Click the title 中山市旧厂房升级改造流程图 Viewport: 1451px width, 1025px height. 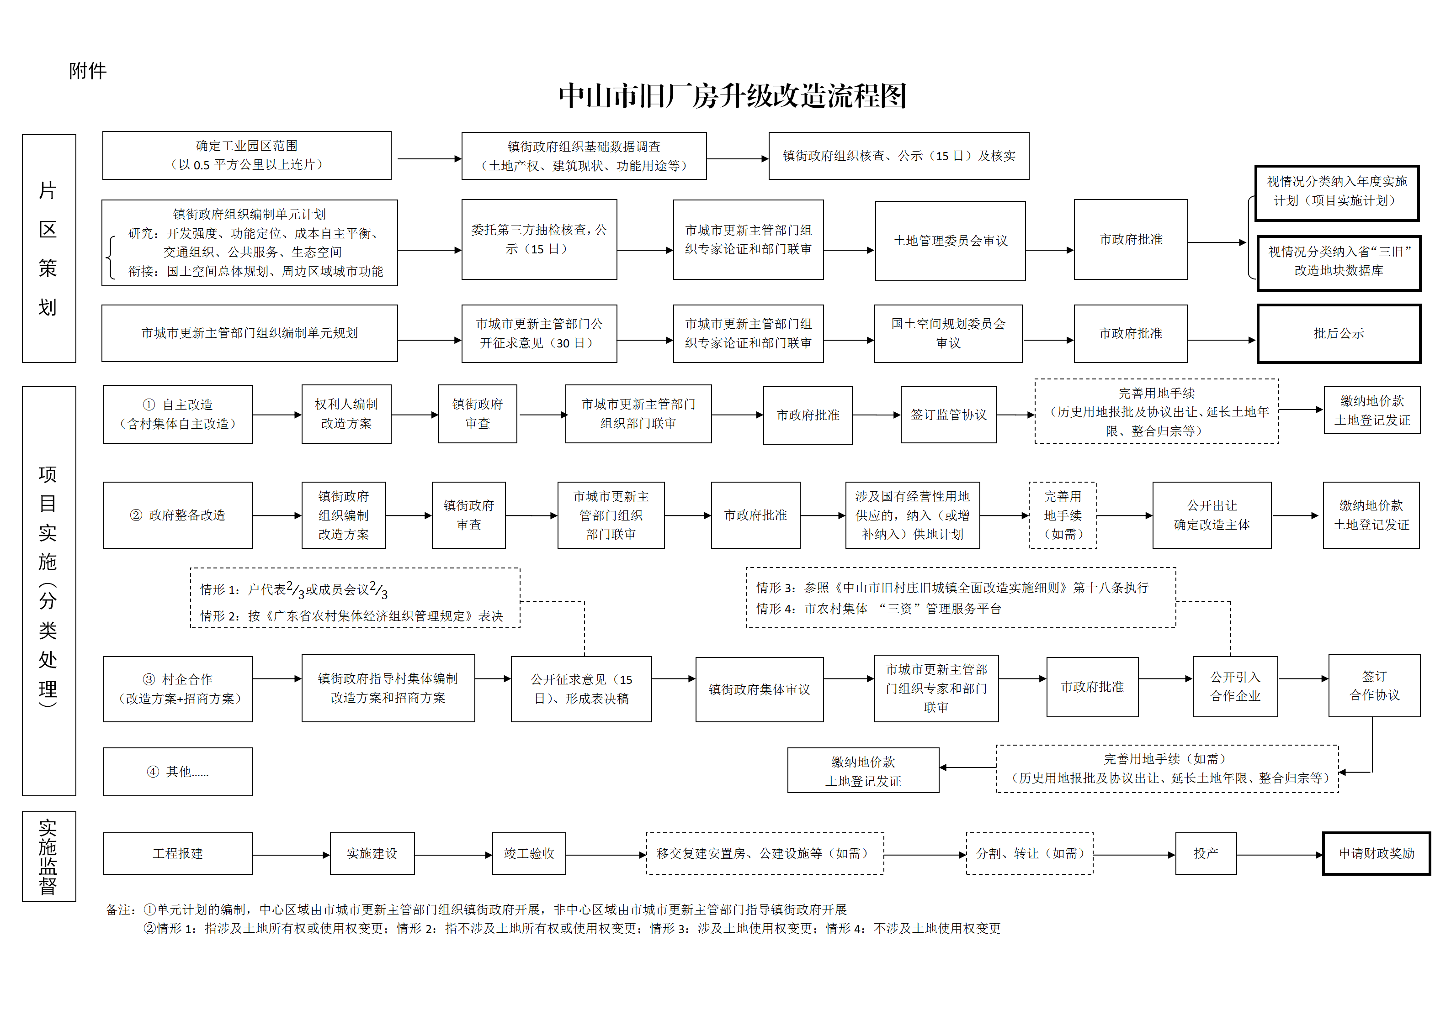click(733, 96)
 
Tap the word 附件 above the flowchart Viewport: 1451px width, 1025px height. click(88, 71)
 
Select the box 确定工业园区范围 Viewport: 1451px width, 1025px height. click(247, 155)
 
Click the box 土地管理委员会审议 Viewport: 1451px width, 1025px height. click(950, 241)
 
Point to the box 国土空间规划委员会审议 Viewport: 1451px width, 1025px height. click(948, 333)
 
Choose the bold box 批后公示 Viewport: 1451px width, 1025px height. click(1339, 333)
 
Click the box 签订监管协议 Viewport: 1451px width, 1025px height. click(949, 415)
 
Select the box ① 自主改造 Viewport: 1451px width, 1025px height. click(178, 414)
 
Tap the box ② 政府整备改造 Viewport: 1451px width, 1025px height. click(178, 515)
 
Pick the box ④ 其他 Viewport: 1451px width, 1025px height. click(178, 772)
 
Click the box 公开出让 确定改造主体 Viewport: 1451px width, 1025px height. click(1212, 515)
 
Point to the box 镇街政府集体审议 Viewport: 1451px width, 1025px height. click(759, 689)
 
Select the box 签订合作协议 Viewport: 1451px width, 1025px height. click(1375, 686)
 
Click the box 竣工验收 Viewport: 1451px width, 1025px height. click(529, 853)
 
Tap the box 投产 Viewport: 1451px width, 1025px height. click(1206, 853)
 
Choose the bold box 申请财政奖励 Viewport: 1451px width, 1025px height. click(1377, 853)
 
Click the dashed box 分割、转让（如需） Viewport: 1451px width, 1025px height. click(1030, 853)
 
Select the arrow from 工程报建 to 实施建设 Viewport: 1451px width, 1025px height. click(291, 855)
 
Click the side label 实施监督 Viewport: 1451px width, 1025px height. click(48, 857)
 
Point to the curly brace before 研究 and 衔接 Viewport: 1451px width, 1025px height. click(111, 257)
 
